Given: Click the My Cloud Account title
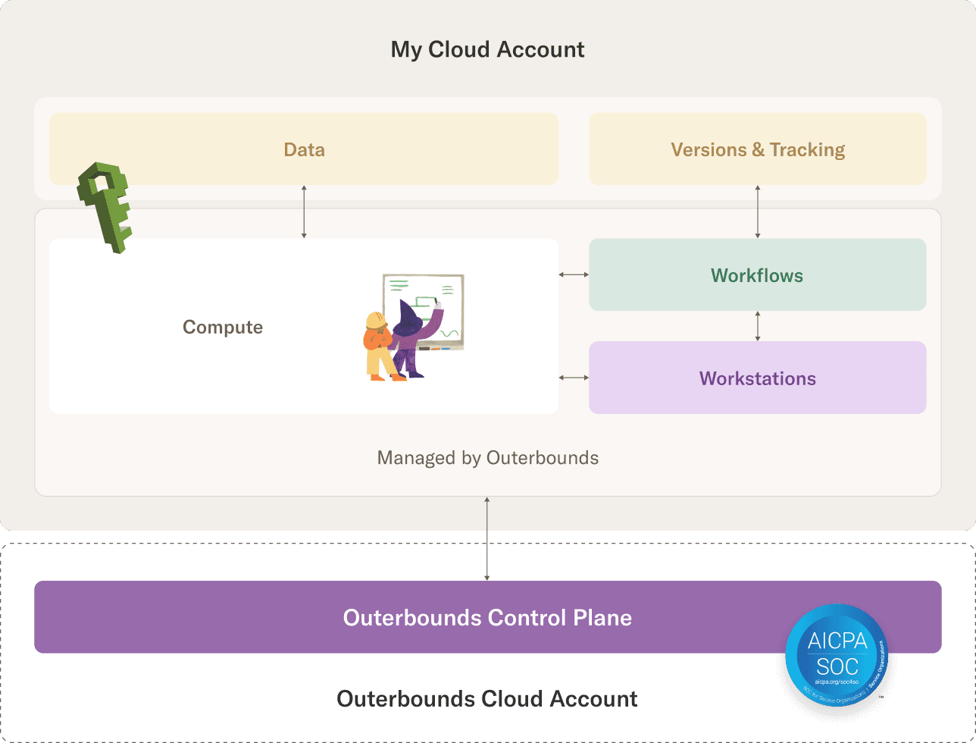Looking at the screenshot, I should click(x=487, y=50).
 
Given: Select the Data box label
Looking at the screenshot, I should click(x=304, y=149).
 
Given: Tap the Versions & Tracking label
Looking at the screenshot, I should click(x=758, y=149).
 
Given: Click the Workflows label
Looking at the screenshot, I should click(x=757, y=275).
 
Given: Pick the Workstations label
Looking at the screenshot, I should click(x=758, y=378).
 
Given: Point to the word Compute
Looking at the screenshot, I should click(x=223, y=327).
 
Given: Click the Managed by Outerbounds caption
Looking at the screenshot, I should click(x=487, y=458).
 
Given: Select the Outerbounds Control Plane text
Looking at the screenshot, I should click(x=487, y=617).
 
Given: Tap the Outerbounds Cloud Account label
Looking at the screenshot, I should click(x=487, y=698).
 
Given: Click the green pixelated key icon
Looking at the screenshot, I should click(x=105, y=205).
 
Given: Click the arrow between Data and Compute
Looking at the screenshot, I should click(x=304, y=212).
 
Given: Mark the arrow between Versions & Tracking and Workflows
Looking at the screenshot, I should click(x=758, y=212).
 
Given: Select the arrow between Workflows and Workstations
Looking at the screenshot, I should click(x=758, y=326).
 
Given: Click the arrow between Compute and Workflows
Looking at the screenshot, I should click(x=574, y=274).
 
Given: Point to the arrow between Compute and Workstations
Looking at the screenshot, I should click(x=574, y=378).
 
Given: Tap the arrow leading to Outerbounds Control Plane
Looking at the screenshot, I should click(x=487, y=538).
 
